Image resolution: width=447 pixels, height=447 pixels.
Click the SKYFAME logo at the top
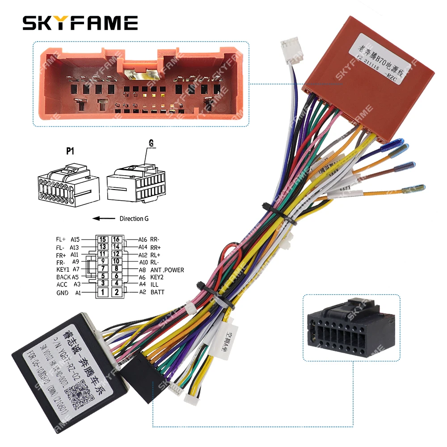coord(80,23)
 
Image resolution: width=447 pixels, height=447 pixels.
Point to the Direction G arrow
coord(103,219)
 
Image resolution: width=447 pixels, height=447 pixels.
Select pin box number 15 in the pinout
coord(103,240)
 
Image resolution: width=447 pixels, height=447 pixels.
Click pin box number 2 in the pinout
coord(117,292)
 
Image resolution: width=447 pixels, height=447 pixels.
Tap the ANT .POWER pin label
coord(167,270)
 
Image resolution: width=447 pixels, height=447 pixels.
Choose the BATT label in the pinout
coord(157,292)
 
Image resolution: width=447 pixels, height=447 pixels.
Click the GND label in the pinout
coord(62,293)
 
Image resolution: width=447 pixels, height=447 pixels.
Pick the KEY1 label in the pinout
coord(63,270)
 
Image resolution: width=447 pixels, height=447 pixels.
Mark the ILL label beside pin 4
coord(154,284)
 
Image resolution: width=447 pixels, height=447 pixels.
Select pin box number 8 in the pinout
coord(117,269)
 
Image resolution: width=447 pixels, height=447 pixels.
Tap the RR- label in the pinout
coord(155,239)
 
